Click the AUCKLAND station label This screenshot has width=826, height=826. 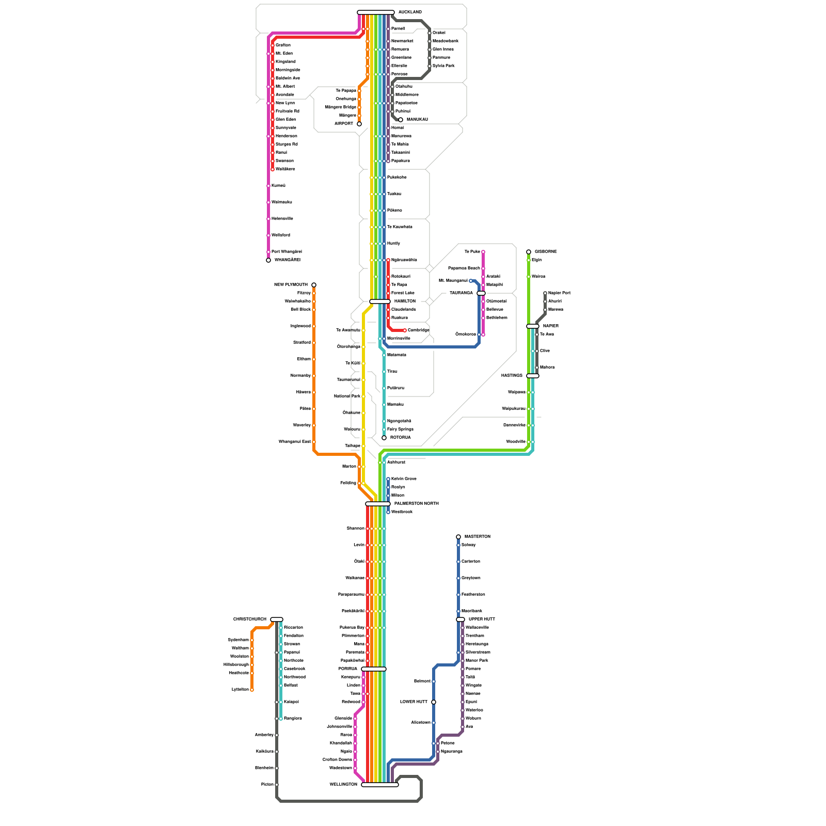coord(410,12)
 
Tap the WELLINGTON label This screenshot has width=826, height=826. coord(343,785)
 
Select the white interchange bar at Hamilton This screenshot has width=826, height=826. coord(380,301)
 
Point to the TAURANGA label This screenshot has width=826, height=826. coord(461,293)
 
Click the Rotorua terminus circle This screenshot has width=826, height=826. coord(384,438)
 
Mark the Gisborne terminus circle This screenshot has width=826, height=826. coord(529,252)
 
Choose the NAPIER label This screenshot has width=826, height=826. coord(550,326)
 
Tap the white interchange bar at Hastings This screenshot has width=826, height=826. coord(533,376)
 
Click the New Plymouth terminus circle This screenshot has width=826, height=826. coord(314,285)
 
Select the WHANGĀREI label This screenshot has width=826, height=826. coord(287,260)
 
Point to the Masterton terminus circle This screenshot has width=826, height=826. coord(458,537)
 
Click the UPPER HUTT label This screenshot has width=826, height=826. coord(482,619)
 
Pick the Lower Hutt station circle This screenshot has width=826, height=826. coord(434,702)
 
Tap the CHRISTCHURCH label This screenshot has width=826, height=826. coord(250,619)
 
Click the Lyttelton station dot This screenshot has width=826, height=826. coord(252,690)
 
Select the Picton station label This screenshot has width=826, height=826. coord(267,785)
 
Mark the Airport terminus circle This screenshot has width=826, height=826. coord(359,124)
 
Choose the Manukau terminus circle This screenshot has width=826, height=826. coord(401,120)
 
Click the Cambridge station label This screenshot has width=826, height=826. coord(418,330)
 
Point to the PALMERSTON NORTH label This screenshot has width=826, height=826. coord(416,504)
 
